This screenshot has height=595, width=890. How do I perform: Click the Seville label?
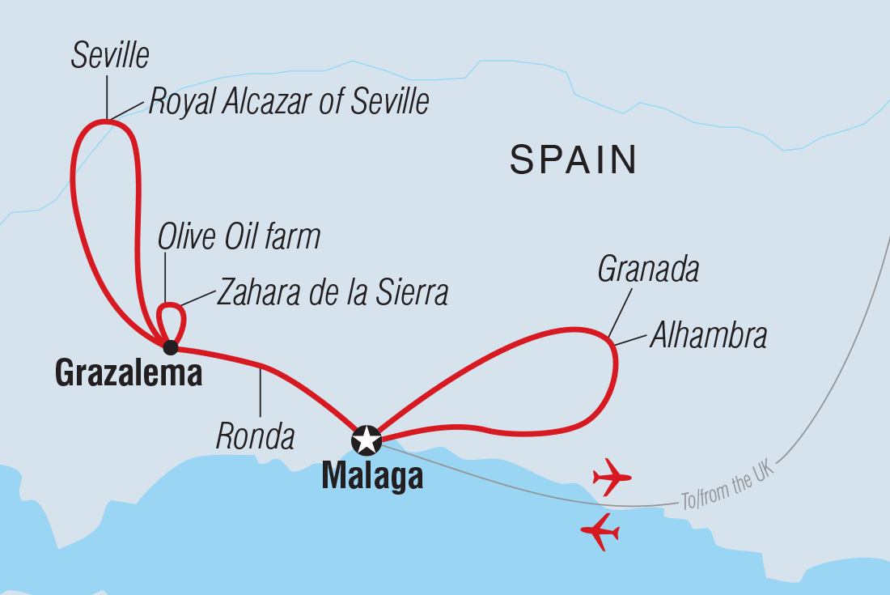[110, 57]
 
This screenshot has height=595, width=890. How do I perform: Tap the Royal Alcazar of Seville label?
[288, 103]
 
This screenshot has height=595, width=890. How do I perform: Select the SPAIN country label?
[573, 160]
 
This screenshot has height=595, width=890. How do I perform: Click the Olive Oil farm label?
[239, 237]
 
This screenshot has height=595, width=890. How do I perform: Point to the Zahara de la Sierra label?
[332, 292]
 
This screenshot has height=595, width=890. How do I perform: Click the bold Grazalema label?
[128, 373]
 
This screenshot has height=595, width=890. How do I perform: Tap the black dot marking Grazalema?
[170, 348]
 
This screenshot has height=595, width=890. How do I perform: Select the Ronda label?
[255, 436]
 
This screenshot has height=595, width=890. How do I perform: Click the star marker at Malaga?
[367, 440]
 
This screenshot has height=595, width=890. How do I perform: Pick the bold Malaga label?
[372, 477]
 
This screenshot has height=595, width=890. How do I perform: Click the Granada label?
[648, 270]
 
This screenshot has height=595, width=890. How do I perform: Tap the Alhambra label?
[708, 335]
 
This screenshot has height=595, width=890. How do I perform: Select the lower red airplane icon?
[600, 532]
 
